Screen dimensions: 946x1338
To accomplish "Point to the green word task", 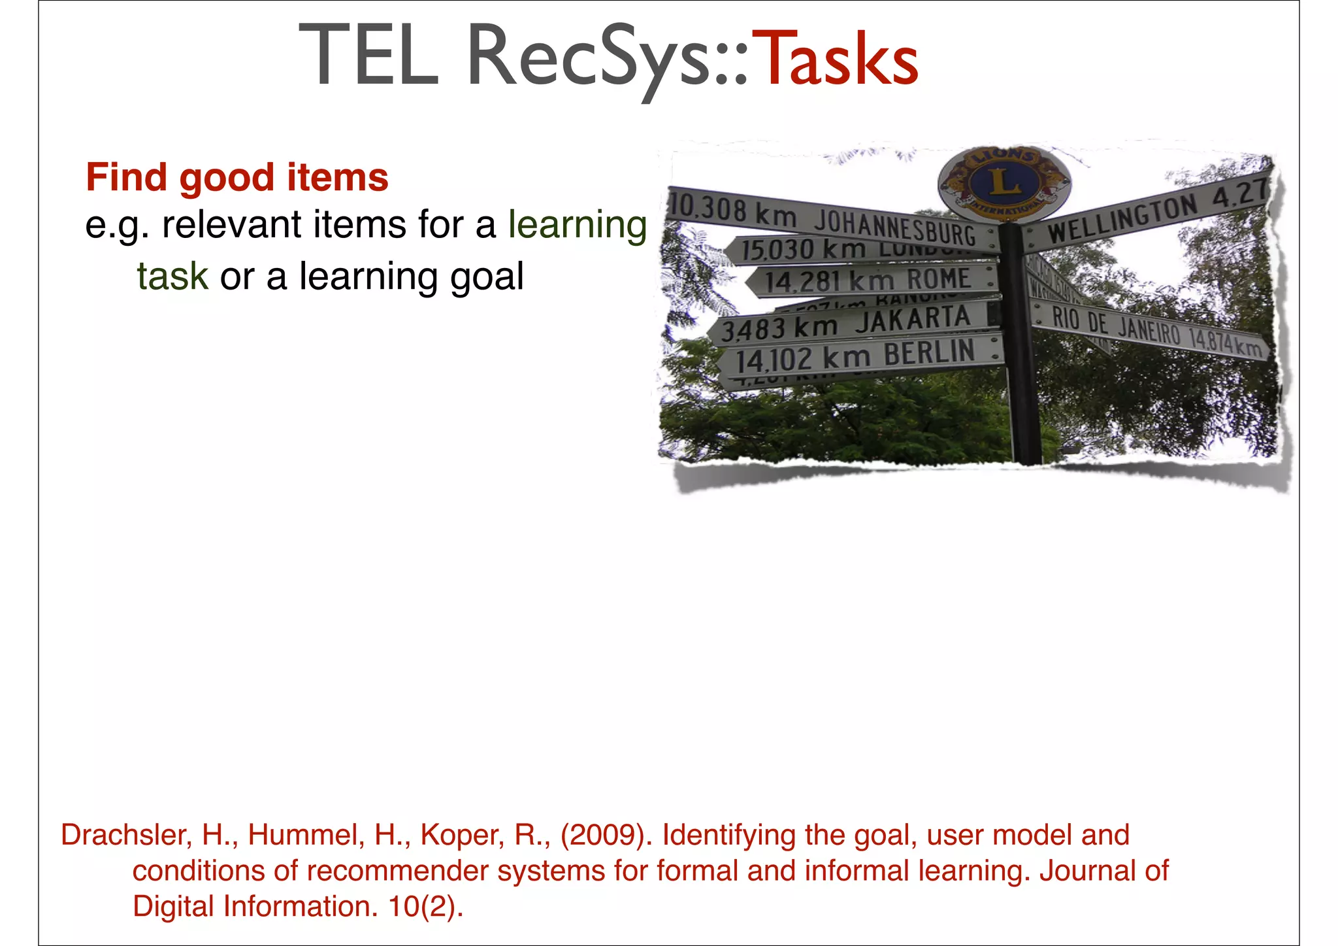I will [x=172, y=277].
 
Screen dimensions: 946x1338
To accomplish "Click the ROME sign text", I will [x=938, y=279].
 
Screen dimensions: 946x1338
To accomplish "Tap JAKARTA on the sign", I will [x=913, y=320].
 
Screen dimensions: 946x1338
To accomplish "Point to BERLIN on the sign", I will [x=929, y=354].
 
